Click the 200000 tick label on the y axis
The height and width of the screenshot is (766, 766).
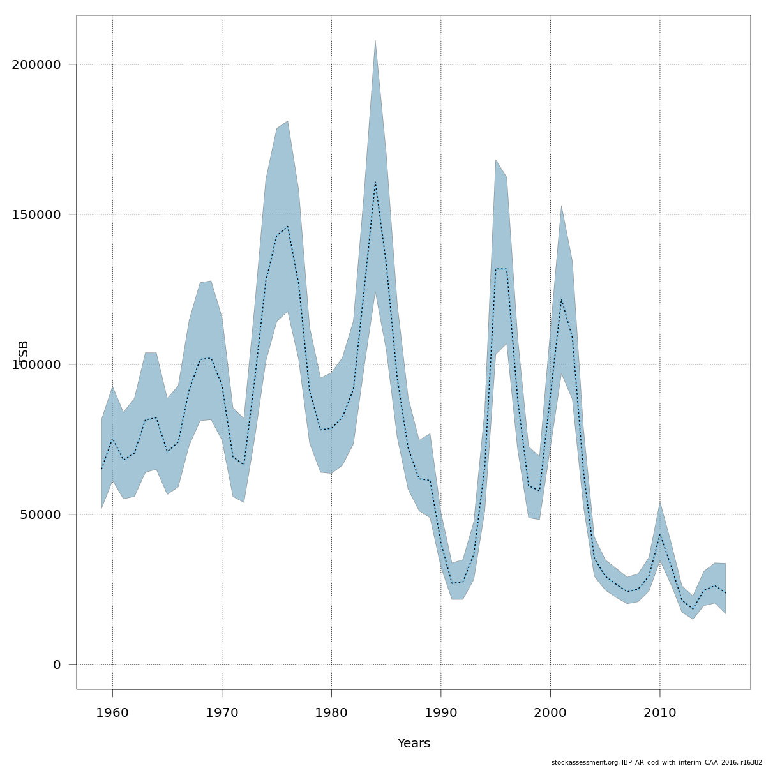tap(36, 64)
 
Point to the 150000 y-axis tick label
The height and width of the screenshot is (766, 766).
tap(36, 214)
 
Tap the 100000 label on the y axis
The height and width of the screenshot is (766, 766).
tap(36, 364)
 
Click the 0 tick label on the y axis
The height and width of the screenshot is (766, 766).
tap(57, 665)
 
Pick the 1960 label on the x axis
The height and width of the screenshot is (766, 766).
tap(112, 712)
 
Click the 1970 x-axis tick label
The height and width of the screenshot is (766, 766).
tap(222, 712)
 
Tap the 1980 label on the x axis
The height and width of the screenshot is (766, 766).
tap(331, 712)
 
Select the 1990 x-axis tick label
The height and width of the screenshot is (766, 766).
tap(441, 712)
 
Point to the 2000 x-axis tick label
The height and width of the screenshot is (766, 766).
tap(550, 712)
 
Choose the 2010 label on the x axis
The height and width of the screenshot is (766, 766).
tap(660, 712)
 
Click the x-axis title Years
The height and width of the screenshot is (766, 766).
tap(414, 744)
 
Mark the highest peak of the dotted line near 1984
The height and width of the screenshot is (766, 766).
tap(375, 183)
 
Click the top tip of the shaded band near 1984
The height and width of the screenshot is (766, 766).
tap(375, 40)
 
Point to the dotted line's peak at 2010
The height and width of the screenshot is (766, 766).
tap(660, 534)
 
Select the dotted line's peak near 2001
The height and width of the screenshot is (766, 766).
tap(561, 299)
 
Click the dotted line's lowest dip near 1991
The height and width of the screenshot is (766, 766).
tap(452, 583)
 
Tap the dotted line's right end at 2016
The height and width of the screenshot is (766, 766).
tap(725, 593)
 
